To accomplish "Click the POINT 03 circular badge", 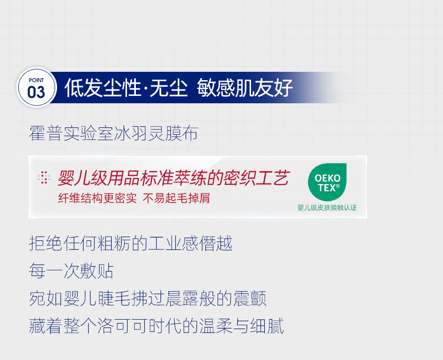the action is pos(36,88).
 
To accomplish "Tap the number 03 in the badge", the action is pos(36,92).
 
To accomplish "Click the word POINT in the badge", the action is pos(36,80).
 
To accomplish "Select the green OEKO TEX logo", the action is pos(327,182).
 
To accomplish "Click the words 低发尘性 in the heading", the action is pos(102,88).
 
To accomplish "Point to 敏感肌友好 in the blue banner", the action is pos(245,88).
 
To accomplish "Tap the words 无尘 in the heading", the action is pos(169,88).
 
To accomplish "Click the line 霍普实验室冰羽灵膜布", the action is pos(114,133).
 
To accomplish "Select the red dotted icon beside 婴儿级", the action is pos(44,178).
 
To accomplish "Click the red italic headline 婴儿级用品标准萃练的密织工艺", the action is pos(173,178).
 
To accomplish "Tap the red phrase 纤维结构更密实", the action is pos(97,198).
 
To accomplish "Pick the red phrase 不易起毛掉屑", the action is pos(176,198).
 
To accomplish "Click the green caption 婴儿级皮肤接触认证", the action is pos(327,208).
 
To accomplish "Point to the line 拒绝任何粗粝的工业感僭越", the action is pos(131,243).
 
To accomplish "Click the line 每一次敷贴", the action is pos(71,271).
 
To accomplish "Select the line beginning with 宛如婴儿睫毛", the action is pos(148,299).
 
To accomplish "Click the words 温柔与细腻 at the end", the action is pos(241,326).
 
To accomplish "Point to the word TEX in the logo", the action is pos(329,188).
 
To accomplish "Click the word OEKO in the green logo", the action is pos(327,178).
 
